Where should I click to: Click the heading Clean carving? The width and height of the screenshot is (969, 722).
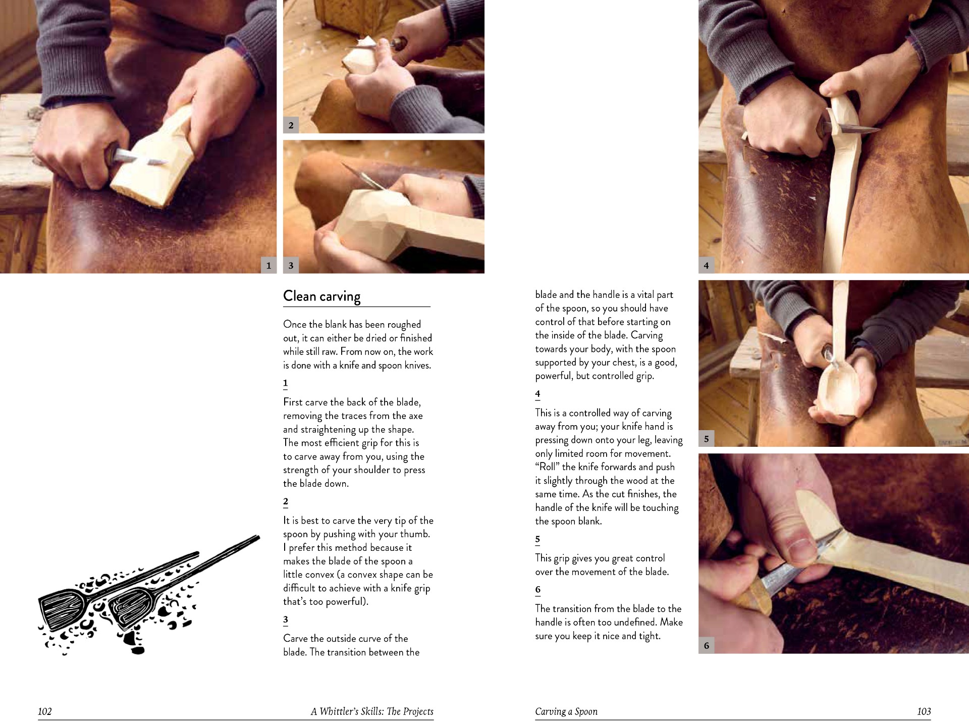(322, 296)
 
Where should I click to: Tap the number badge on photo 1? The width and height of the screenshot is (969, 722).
(268, 265)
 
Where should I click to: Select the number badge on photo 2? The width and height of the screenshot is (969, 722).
(291, 125)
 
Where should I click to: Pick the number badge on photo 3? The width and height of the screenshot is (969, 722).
(291, 265)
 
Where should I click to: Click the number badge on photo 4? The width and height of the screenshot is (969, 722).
(706, 265)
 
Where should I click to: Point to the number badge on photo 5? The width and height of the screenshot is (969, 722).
(706, 439)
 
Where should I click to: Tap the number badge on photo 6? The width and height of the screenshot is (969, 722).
(706, 645)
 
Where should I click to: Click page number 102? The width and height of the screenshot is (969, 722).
(45, 711)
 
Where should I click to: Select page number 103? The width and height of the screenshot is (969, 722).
(924, 711)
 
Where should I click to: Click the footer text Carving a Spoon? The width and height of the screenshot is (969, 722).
(566, 711)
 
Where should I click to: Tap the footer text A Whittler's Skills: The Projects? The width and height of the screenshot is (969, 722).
(372, 711)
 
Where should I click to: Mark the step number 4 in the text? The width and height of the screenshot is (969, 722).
(537, 394)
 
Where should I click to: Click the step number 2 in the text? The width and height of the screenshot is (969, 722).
(286, 501)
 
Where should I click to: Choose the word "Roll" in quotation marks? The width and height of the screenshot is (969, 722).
(547, 467)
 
